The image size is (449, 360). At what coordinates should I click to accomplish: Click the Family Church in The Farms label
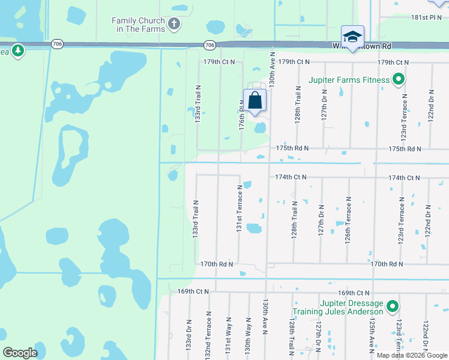(138, 25)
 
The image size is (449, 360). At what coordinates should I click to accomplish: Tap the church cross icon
(174, 25)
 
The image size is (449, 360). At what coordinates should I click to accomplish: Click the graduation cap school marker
(352, 36)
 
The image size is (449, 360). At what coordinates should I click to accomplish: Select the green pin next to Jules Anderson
(393, 307)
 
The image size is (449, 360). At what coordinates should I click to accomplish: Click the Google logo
(20, 352)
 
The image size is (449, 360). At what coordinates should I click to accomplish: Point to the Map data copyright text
(412, 355)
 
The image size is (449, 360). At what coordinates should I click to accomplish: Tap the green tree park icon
(18, 51)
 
